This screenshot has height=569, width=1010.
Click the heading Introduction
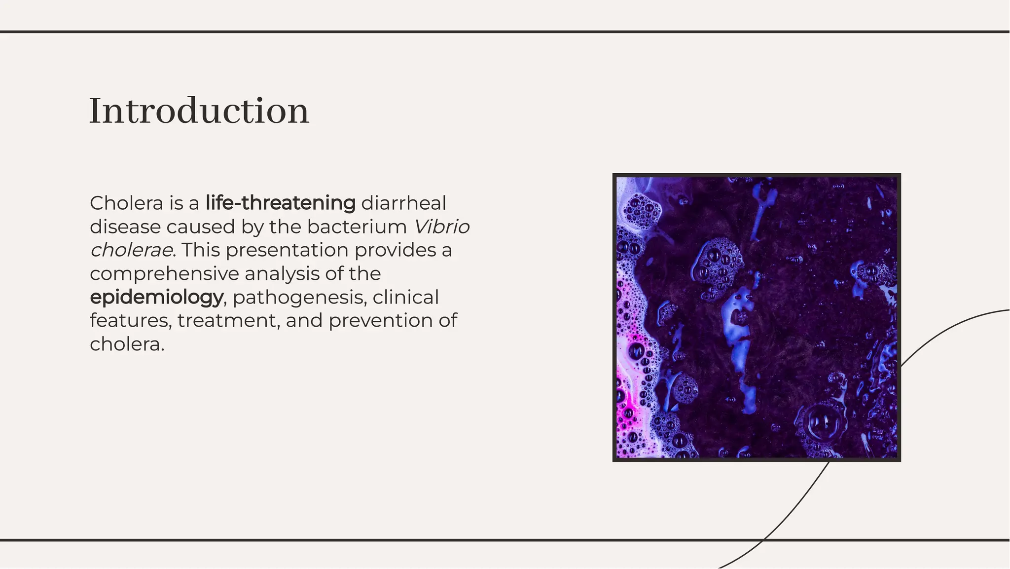[x=199, y=111]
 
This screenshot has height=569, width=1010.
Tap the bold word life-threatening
[x=280, y=203]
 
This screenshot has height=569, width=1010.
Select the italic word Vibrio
[x=441, y=227]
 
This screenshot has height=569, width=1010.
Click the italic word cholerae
[x=131, y=250]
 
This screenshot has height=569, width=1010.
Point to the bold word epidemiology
[x=156, y=297]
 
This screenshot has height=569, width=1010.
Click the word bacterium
[x=357, y=227]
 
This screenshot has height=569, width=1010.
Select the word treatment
[x=228, y=321]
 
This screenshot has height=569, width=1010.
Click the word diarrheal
[x=403, y=203]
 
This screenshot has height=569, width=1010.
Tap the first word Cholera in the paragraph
[x=126, y=203]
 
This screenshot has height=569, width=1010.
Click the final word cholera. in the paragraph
[x=127, y=344]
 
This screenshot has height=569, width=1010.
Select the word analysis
[x=282, y=273]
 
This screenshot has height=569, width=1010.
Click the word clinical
[x=405, y=297]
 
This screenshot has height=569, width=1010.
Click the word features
[x=130, y=321]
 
